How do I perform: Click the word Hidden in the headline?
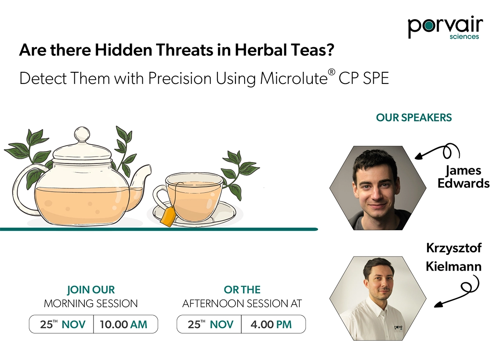(x=124, y=50)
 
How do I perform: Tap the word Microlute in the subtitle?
(x=294, y=79)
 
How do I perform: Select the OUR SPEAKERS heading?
(x=414, y=118)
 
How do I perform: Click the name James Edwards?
(x=463, y=177)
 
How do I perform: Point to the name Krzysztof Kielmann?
(x=453, y=257)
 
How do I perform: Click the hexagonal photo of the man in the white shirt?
(x=378, y=299)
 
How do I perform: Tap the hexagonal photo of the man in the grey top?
(x=378, y=188)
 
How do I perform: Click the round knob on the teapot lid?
(x=82, y=134)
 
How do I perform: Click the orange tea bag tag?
(x=168, y=216)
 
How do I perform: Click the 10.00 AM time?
(x=124, y=325)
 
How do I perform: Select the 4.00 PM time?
(x=271, y=325)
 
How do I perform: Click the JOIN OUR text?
(x=91, y=290)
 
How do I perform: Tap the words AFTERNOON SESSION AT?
(x=242, y=304)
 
